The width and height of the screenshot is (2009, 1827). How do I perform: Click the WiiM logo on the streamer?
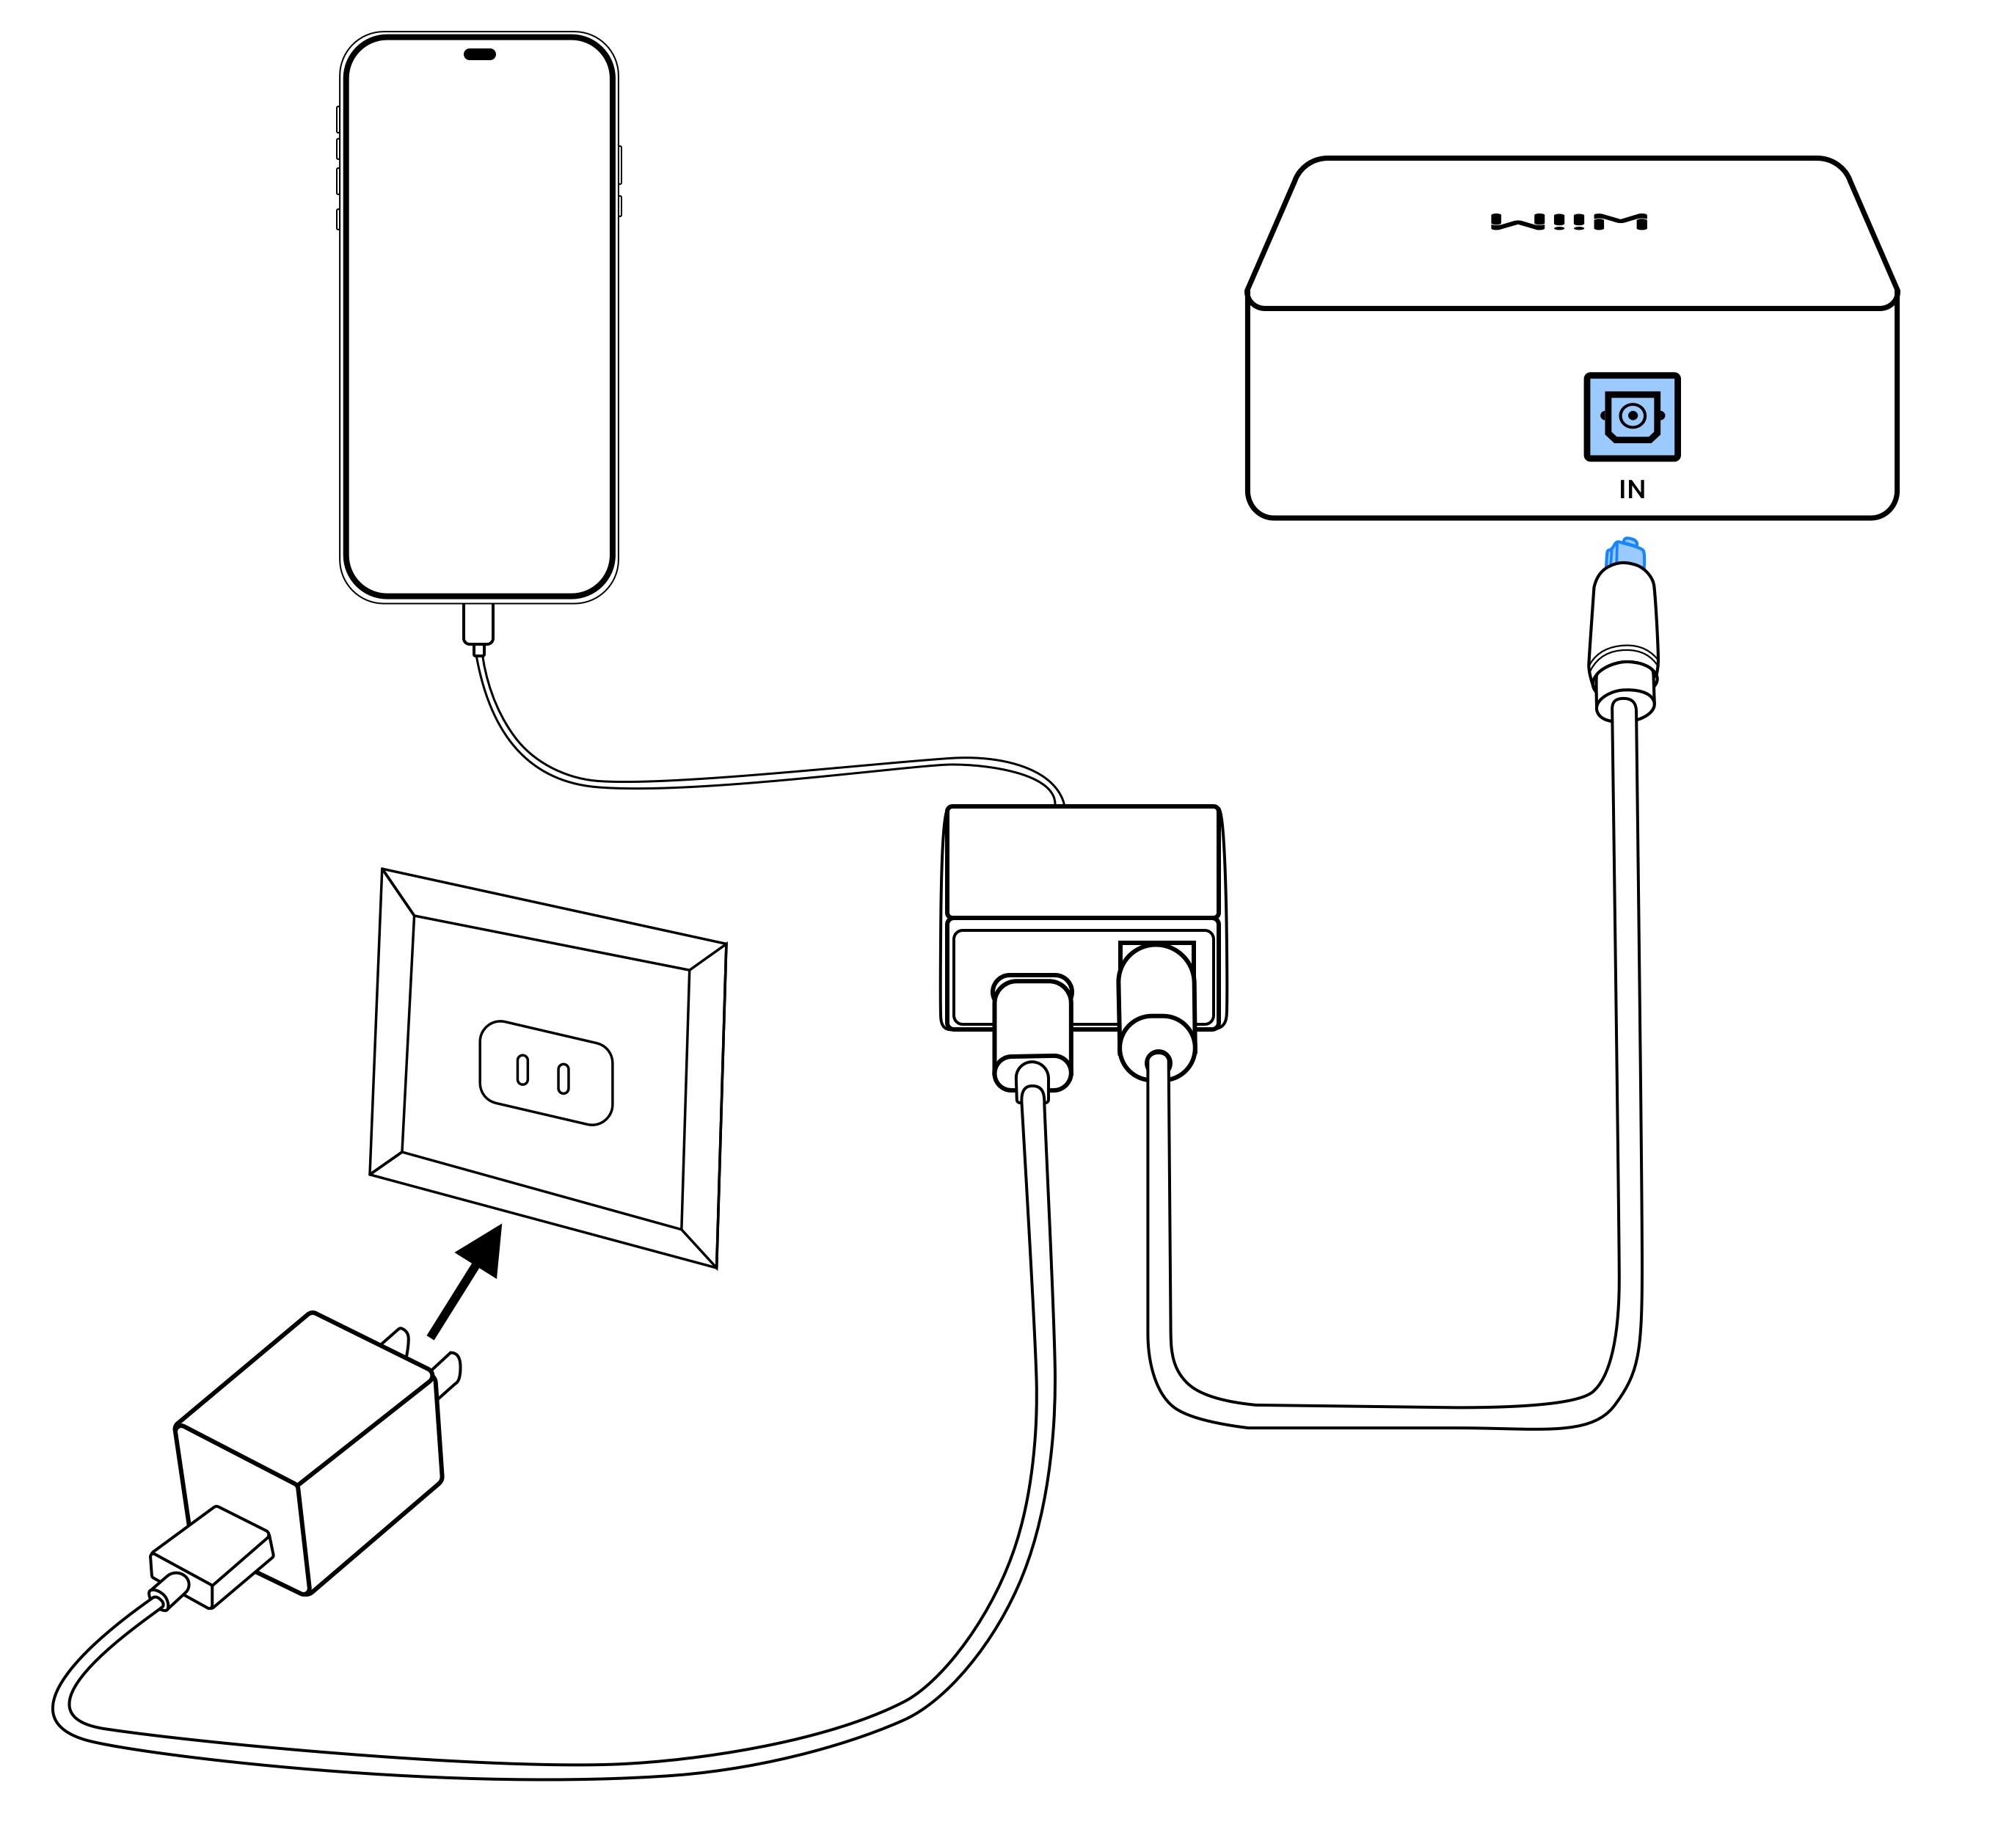point(1569,222)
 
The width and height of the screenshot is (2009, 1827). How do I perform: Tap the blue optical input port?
point(1631,417)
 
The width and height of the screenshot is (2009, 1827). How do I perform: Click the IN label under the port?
point(1631,489)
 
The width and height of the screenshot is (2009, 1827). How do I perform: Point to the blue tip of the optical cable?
point(1625,553)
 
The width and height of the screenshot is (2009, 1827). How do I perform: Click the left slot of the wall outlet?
point(522,1070)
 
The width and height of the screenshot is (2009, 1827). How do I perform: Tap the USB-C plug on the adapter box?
point(1032,1032)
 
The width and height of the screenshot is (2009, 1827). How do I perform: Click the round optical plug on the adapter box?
point(1156,1007)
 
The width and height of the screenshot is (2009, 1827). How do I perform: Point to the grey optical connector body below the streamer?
point(1623,623)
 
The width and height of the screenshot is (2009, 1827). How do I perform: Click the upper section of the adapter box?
point(1082,861)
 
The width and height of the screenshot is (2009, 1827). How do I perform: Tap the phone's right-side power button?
point(620,164)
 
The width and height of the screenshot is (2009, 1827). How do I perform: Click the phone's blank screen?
point(478,319)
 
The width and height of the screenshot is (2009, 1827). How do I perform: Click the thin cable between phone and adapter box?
point(757,778)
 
